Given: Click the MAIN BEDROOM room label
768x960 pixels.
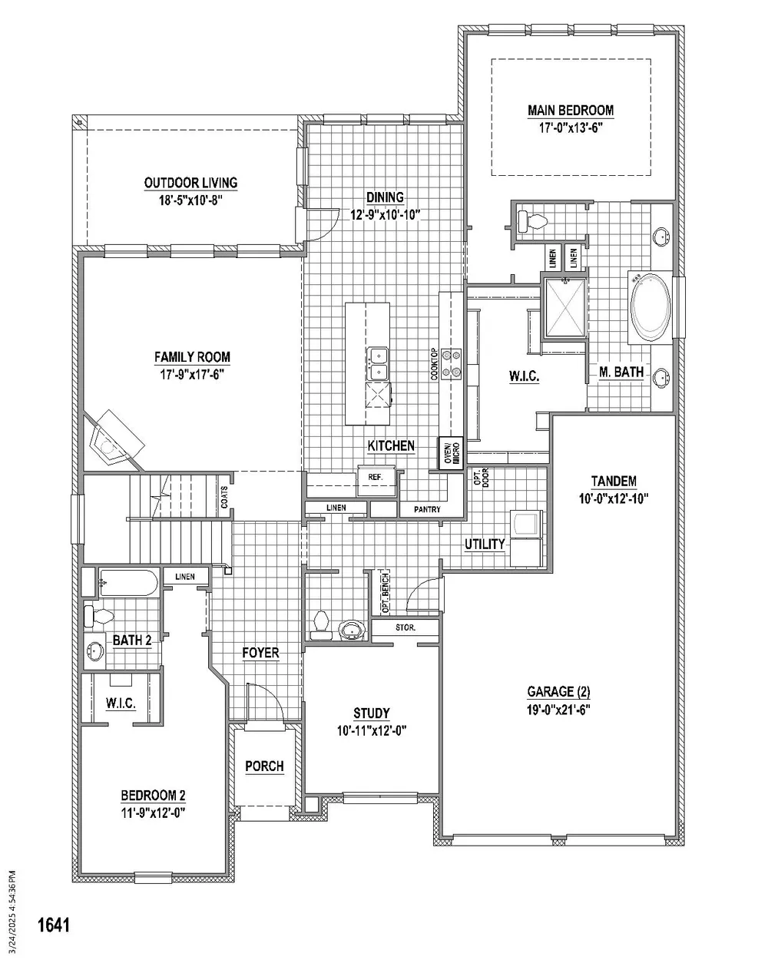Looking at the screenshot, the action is tap(571, 110).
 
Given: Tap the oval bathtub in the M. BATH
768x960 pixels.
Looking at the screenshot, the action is tap(650, 307).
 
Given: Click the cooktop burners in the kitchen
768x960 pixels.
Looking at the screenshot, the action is tap(451, 363).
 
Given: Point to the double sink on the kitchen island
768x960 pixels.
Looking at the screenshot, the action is tap(378, 364).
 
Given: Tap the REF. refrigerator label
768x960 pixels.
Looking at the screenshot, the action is tap(376, 477).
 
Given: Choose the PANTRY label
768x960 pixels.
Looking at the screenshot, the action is tap(427, 509).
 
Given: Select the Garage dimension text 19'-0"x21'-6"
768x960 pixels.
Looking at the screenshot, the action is tap(558, 710).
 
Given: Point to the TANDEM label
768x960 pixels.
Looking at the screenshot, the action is tap(614, 481).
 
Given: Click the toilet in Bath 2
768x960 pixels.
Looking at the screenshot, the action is tap(98, 616).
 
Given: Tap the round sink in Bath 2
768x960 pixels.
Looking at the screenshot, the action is tap(94, 651).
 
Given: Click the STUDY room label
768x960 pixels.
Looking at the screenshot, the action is tap(371, 713).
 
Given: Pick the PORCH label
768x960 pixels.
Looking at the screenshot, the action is tap(264, 766).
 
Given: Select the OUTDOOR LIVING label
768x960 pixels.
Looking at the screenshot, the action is tap(190, 183).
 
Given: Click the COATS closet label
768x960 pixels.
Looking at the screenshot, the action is tap(224, 497).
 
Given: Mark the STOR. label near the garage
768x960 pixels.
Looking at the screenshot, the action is tap(406, 627).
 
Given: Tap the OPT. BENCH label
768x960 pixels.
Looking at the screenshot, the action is tap(385, 592).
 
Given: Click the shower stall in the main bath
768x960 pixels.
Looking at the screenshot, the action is tap(565, 307).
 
